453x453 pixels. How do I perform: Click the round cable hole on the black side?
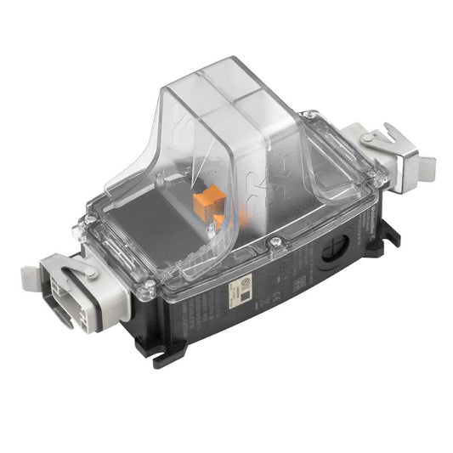[334, 251]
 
